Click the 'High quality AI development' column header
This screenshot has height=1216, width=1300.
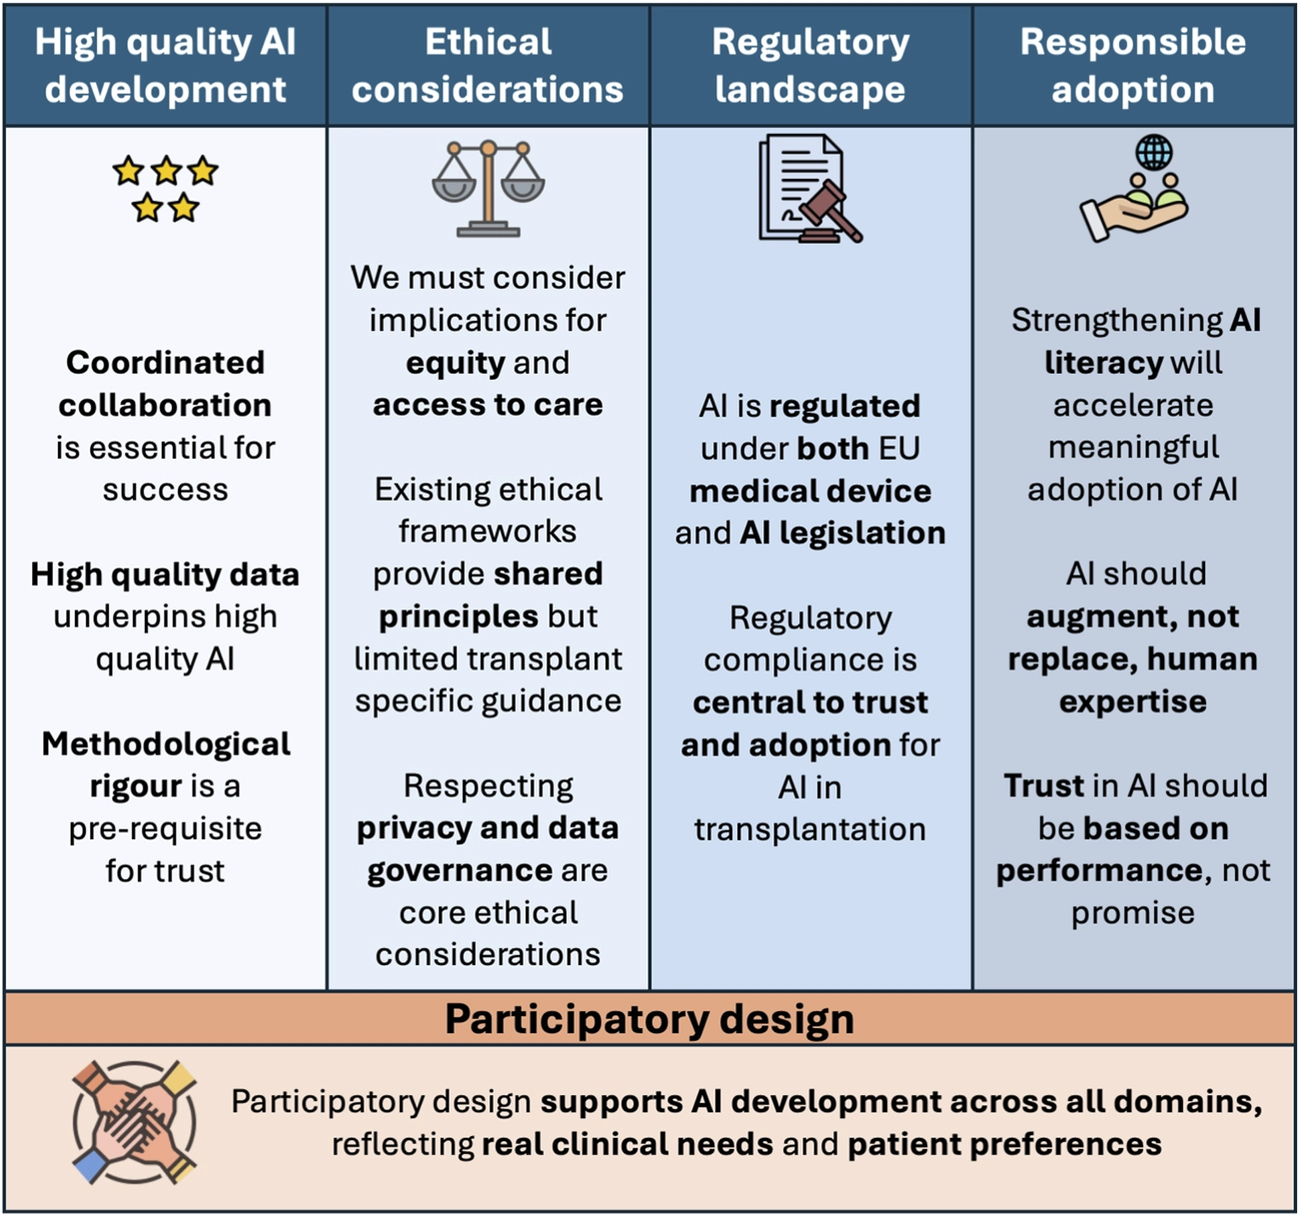click(x=166, y=66)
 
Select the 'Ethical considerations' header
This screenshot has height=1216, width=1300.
click(x=488, y=66)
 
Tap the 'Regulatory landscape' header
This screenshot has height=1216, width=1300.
click(x=810, y=66)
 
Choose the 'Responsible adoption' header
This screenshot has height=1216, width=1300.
click(x=1133, y=66)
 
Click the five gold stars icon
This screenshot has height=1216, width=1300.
click(x=166, y=188)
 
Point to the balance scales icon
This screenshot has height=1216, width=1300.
click(x=488, y=188)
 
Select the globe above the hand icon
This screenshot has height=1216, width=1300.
click(x=1154, y=153)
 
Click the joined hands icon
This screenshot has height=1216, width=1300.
click(x=134, y=1122)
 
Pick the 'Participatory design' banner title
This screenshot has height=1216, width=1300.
click(x=650, y=1019)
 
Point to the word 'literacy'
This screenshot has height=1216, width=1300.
click(x=1103, y=363)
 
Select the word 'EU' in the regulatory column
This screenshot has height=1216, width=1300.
click(x=898, y=449)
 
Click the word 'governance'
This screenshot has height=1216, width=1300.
click(x=459, y=870)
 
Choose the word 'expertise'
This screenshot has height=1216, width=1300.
click(x=1133, y=701)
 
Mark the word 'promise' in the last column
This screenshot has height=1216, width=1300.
click(x=1133, y=913)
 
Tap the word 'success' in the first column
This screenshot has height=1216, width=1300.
click(x=166, y=491)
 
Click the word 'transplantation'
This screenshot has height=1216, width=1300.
click(x=810, y=829)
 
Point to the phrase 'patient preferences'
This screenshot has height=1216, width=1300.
click(x=1004, y=1144)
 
